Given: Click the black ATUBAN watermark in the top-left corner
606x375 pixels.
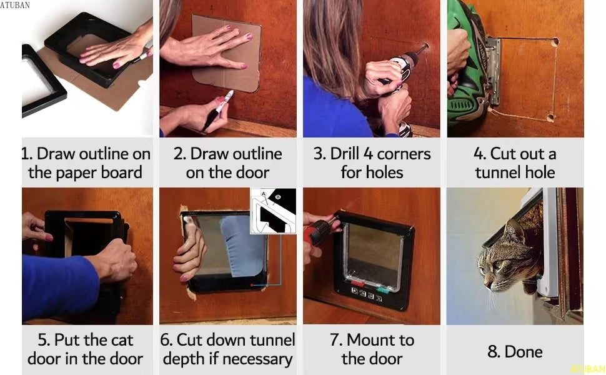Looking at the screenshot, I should point(15,5).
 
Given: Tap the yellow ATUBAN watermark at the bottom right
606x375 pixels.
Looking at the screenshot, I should point(588,369).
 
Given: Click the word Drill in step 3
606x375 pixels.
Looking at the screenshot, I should point(344,154).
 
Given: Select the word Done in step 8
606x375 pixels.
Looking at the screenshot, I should point(524,351).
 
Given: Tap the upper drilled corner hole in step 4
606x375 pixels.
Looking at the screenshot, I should point(555,42).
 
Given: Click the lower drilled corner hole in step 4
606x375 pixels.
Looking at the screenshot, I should point(550,117).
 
